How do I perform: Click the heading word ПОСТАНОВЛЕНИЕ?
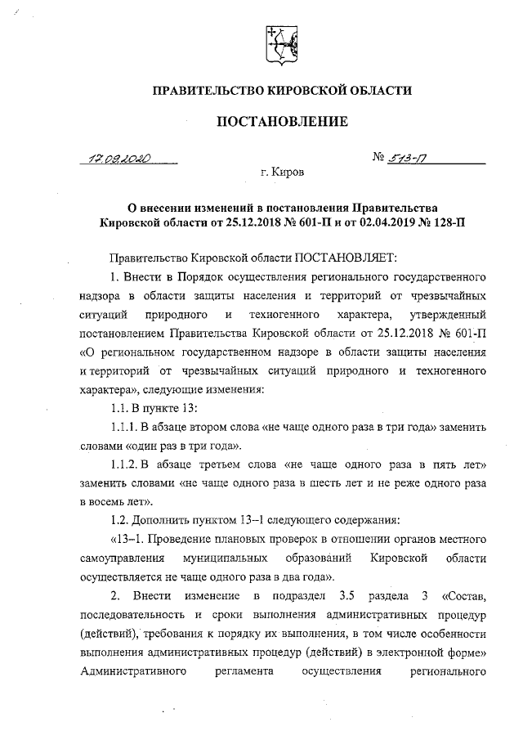pos(282,122)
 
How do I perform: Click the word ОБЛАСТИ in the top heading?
pos(380,89)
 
